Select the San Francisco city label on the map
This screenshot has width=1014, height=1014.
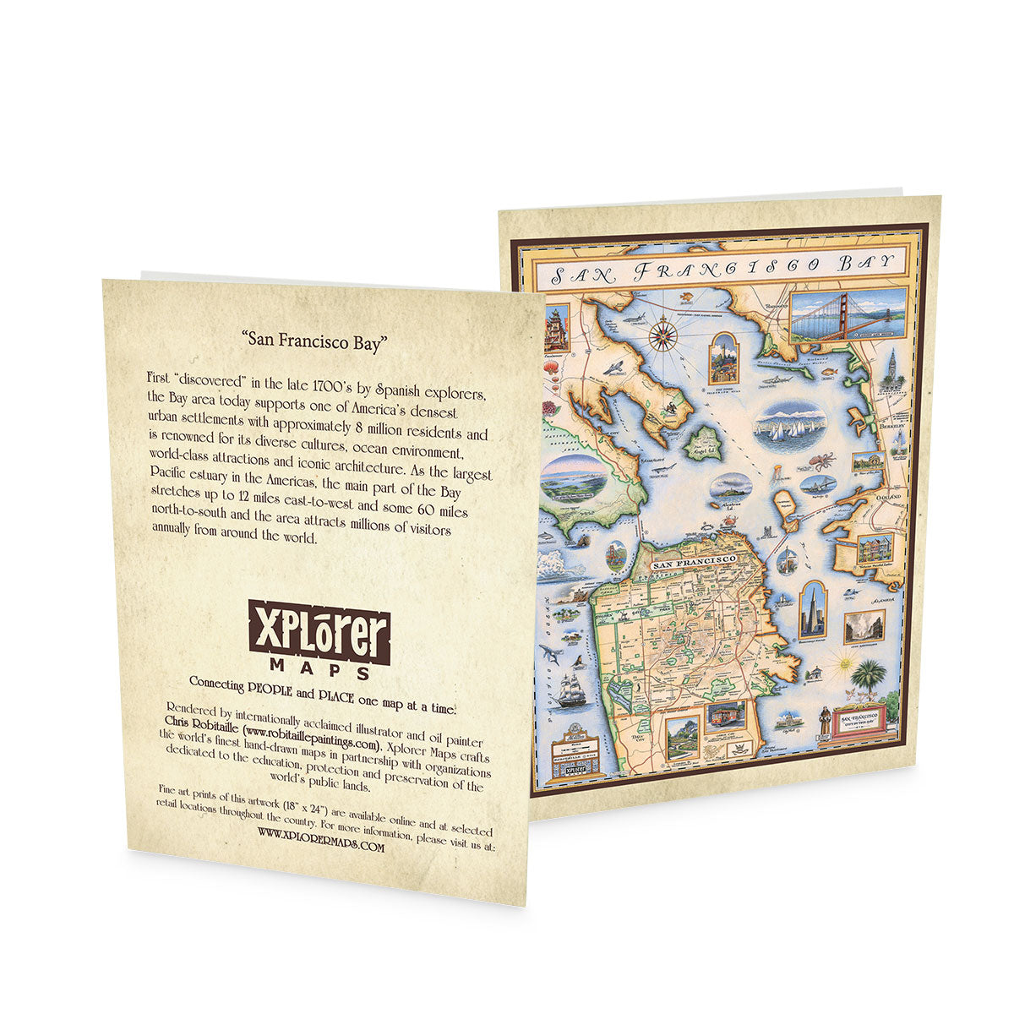(692, 562)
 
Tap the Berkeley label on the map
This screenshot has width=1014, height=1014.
(887, 428)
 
